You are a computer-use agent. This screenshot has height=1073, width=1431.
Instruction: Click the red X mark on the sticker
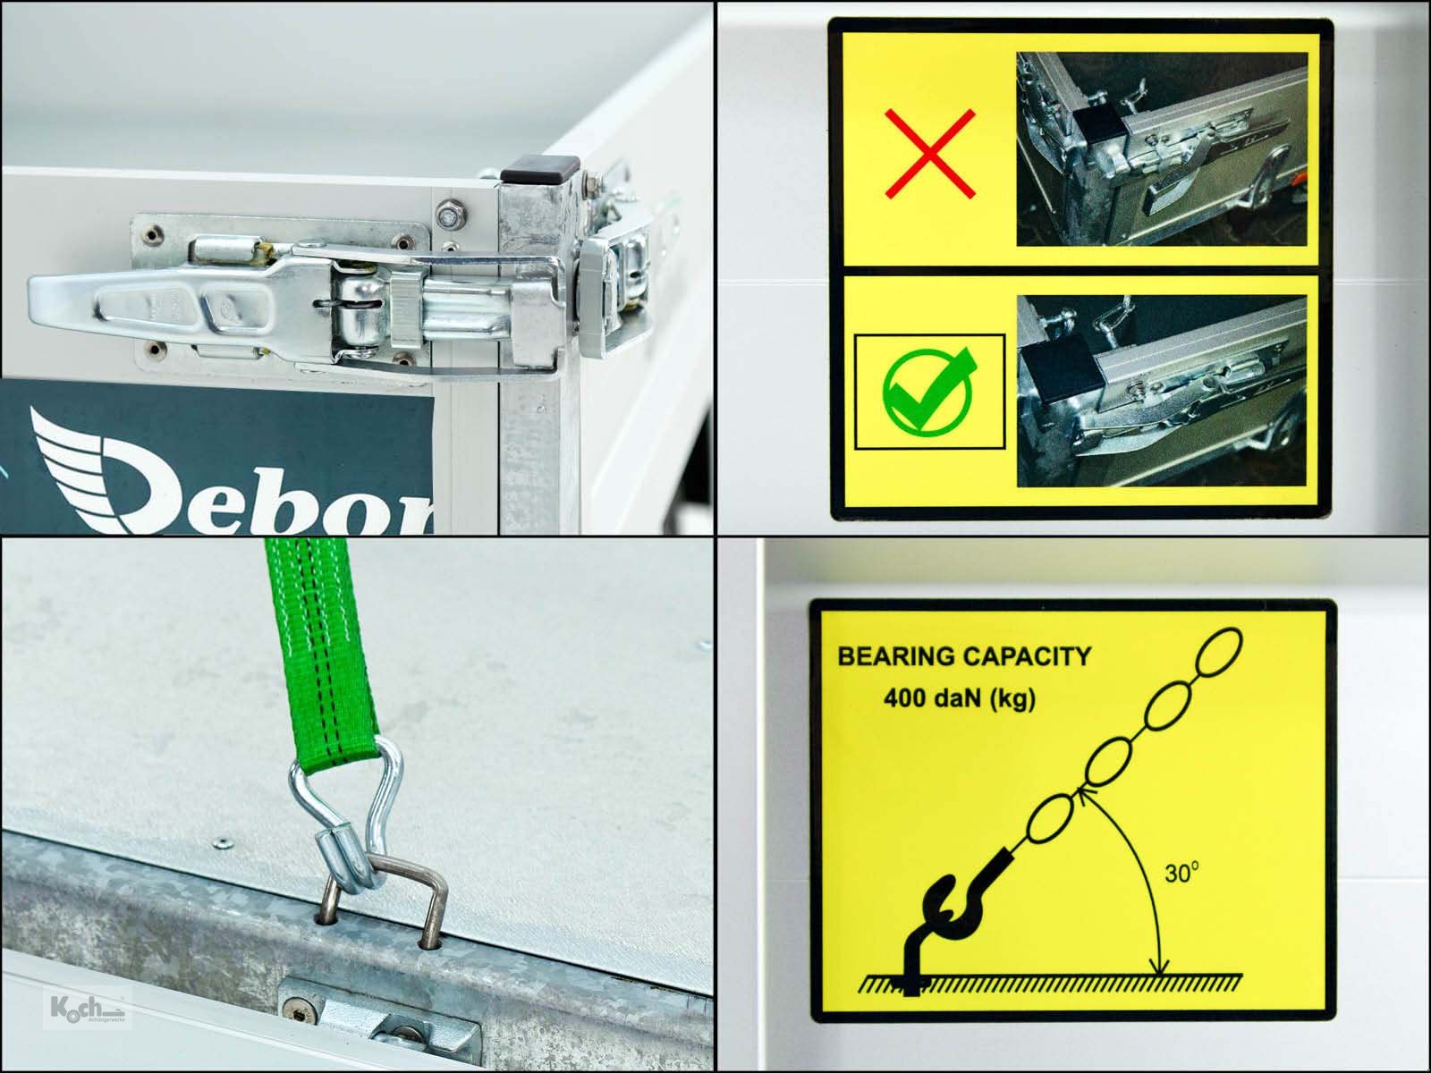[929, 154]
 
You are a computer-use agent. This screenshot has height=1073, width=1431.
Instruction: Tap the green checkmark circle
[928, 391]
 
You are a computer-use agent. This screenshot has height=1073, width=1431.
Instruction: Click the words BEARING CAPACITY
[963, 656]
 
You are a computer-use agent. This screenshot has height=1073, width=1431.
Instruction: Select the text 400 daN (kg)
[959, 697]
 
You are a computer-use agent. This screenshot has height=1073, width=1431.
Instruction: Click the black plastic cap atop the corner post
[539, 167]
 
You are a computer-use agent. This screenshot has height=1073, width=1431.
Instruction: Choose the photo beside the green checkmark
[1162, 390]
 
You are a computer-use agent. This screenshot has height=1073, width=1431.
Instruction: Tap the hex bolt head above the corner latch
[446, 215]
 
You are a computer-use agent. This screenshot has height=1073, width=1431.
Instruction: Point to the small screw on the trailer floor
[220, 841]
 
